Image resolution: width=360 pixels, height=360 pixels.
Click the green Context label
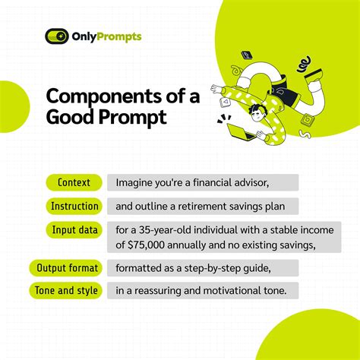(x=74, y=182)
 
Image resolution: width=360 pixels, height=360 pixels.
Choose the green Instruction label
(x=74, y=206)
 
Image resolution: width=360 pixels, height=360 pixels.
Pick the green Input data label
(x=74, y=229)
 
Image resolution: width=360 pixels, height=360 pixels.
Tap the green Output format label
(x=68, y=267)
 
